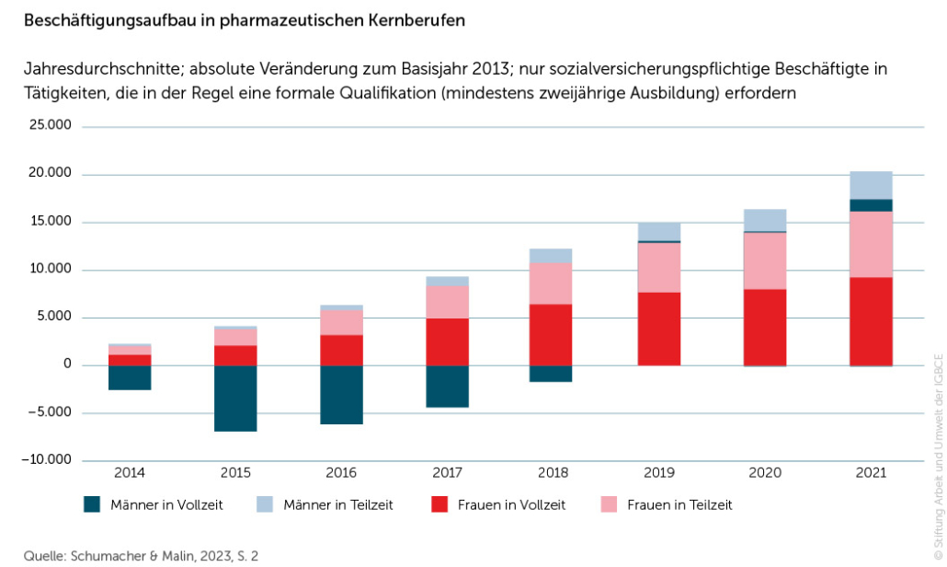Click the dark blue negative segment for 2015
[235, 398]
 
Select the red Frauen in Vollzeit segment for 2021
[871, 321]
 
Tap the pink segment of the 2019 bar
[658, 267]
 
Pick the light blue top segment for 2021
[871, 185]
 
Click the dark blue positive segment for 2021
[871, 205]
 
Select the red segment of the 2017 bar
[447, 341]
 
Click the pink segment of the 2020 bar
[765, 260]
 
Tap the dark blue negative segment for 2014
[130, 377]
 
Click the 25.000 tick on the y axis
[51, 126]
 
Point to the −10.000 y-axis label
[49, 460]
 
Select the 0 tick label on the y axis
[67, 364]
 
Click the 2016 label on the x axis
[341, 473]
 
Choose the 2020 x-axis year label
[765, 473]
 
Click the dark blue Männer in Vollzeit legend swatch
[91, 504]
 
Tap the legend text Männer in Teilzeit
[337, 504]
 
